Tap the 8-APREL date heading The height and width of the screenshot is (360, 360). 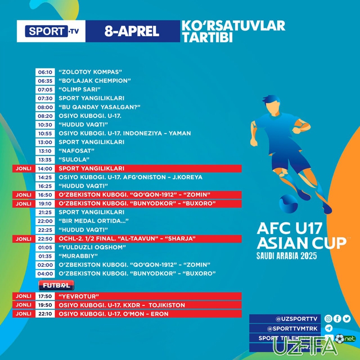(x=131, y=31)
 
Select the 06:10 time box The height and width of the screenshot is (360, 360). (x=45, y=72)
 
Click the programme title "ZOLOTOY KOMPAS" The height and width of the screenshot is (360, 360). (x=91, y=72)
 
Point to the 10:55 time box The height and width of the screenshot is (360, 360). (x=45, y=133)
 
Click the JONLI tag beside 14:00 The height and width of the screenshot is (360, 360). (x=23, y=168)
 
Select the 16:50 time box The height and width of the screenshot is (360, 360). (x=45, y=194)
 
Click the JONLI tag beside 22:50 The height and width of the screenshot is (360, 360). (x=23, y=238)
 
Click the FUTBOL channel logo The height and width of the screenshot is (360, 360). (x=56, y=286)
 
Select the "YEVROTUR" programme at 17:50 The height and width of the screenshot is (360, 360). (x=79, y=297)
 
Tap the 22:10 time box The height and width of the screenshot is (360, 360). (x=45, y=314)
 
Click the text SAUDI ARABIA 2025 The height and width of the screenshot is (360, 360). (x=287, y=256)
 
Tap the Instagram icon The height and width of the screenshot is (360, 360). (x=328, y=319)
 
